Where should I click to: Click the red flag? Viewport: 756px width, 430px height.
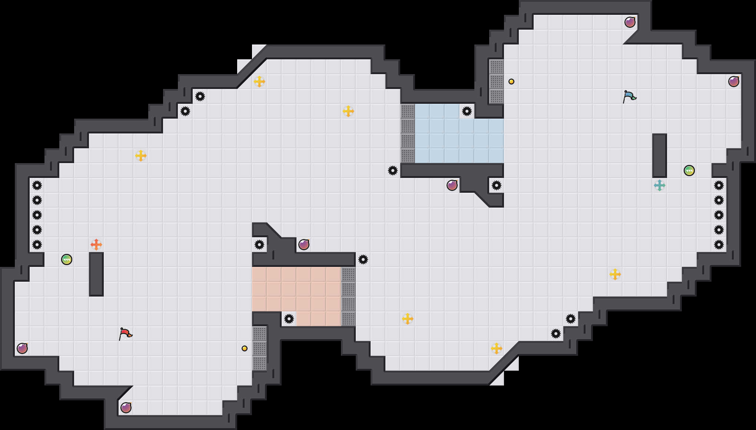[x=125, y=333]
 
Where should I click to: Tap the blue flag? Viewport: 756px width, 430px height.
[x=629, y=96]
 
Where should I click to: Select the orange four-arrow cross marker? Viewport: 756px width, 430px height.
[x=96, y=245]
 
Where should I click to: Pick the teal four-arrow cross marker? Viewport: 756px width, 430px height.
[x=660, y=185]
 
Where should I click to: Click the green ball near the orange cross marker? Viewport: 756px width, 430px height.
[x=67, y=259]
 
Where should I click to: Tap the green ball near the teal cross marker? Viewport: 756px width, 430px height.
[x=689, y=171]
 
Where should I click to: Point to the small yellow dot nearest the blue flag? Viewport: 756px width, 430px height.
[x=511, y=82]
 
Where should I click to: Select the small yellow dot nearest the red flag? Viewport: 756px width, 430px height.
[x=245, y=348]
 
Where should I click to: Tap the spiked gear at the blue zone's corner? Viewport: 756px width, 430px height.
[x=467, y=111]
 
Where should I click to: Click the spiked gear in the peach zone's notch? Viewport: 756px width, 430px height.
[x=289, y=319]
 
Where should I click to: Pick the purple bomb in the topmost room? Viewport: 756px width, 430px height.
[x=630, y=22]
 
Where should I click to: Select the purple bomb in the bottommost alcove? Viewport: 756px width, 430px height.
[x=126, y=408]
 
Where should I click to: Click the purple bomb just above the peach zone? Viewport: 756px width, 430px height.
[x=304, y=245]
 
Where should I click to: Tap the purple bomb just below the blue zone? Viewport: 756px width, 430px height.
[x=452, y=185]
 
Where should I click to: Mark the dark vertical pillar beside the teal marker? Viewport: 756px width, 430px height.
[x=660, y=156]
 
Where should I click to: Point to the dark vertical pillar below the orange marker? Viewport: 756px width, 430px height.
[x=96, y=274]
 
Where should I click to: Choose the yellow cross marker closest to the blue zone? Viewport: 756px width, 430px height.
[x=348, y=111]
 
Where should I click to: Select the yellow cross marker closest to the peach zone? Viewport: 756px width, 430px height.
[x=408, y=319]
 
